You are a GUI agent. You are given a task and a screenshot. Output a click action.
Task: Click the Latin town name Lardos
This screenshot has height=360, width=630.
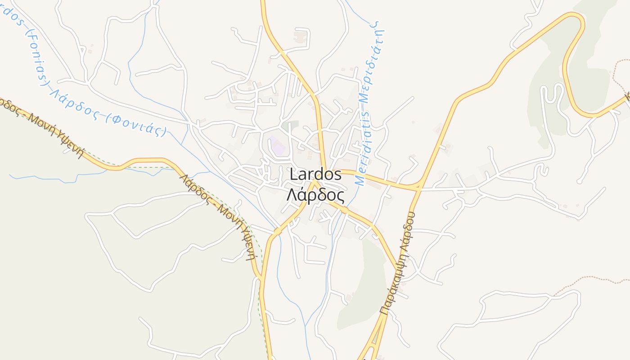315,175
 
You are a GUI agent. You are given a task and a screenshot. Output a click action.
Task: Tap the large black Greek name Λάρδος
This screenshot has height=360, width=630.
315,196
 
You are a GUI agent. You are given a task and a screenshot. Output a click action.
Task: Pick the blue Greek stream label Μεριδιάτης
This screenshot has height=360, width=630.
374,61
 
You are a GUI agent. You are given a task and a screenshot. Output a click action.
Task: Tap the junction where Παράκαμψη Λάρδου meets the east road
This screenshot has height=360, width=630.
418,185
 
